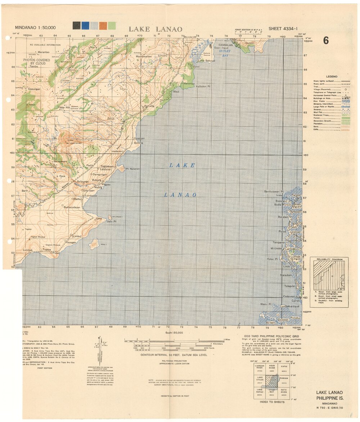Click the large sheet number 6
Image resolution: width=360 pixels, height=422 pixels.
click(x=325, y=40)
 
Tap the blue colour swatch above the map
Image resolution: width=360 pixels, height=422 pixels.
click(x=85, y=26)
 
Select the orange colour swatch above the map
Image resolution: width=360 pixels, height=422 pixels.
click(x=103, y=26)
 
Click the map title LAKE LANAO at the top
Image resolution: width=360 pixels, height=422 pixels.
click(x=155, y=29)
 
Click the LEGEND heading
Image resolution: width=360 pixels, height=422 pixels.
click(x=332, y=77)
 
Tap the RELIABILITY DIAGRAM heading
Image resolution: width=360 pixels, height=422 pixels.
click(x=329, y=259)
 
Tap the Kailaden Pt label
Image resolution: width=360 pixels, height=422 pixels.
click(x=204, y=87)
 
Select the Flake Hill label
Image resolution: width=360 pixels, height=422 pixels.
click(x=64, y=107)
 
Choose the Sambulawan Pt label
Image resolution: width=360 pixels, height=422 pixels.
click(x=275, y=192)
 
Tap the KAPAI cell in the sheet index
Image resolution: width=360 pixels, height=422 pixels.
click(x=284, y=367)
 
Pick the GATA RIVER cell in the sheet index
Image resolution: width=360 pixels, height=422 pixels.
click(x=284, y=391)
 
